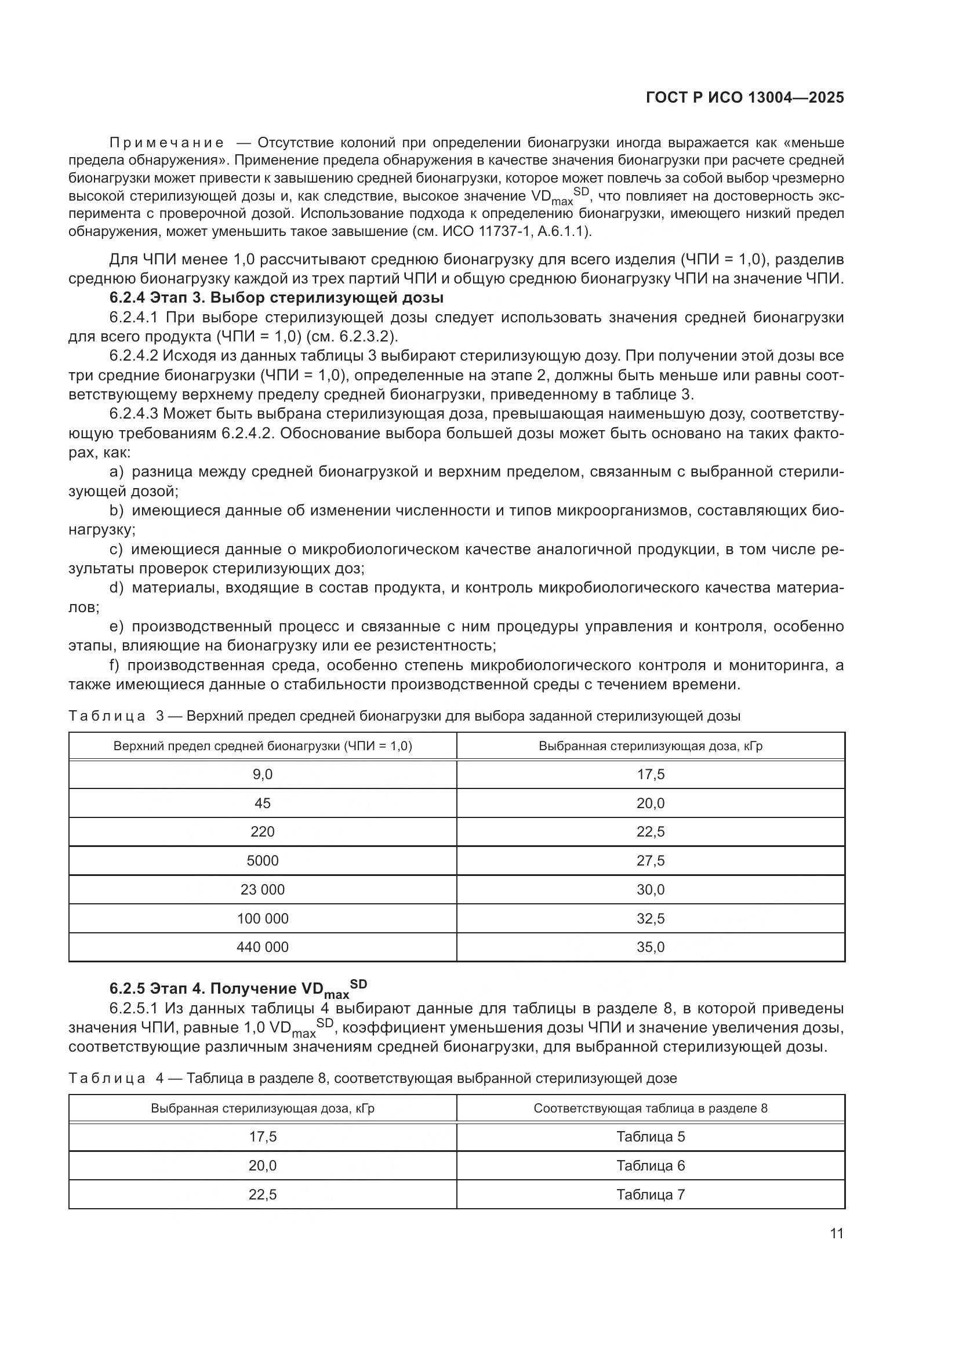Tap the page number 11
pos(836,1233)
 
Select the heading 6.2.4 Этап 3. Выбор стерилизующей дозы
pos(276,297)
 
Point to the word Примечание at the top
pos(166,143)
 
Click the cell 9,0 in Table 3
pos(262,775)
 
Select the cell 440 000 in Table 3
pos(262,947)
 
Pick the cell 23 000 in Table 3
pos(262,889)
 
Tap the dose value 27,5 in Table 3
pos(650,860)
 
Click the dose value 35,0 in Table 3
pos(650,947)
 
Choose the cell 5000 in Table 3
pos(262,860)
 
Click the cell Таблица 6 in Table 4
pos(650,1165)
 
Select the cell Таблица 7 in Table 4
pos(650,1194)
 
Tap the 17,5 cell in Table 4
pos(262,1136)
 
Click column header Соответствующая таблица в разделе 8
pos(650,1108)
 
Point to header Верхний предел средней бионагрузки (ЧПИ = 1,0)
pos(262,746)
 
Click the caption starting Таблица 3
pos(404,717)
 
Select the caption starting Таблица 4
pos(372,1078)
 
